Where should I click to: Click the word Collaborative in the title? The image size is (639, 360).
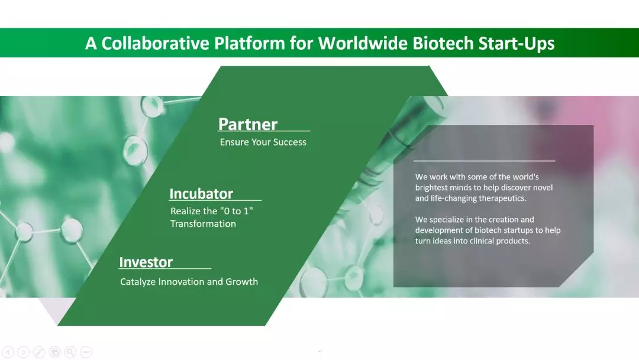(x=155, y=43)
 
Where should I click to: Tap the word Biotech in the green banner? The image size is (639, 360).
(x=443, y=43)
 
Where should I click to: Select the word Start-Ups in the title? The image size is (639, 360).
(x=517, y=44)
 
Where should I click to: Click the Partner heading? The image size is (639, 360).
(x=248, y=124)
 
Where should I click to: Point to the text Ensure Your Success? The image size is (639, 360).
(x=263, y=142)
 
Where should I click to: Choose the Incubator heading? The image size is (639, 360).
(x=201, y=194)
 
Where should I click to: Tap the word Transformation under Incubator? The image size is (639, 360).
(x=203, y=223)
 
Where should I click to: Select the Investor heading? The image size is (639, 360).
(x=146, y=262)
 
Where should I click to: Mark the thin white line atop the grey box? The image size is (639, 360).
(x=484, y=161)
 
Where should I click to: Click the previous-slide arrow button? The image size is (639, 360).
(x=8, y=352)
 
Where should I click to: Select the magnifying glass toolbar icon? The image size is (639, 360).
(x=70, y=352)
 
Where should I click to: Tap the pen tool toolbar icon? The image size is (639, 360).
(x=39, y=352)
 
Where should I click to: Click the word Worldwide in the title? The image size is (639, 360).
(x=363, y=43)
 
